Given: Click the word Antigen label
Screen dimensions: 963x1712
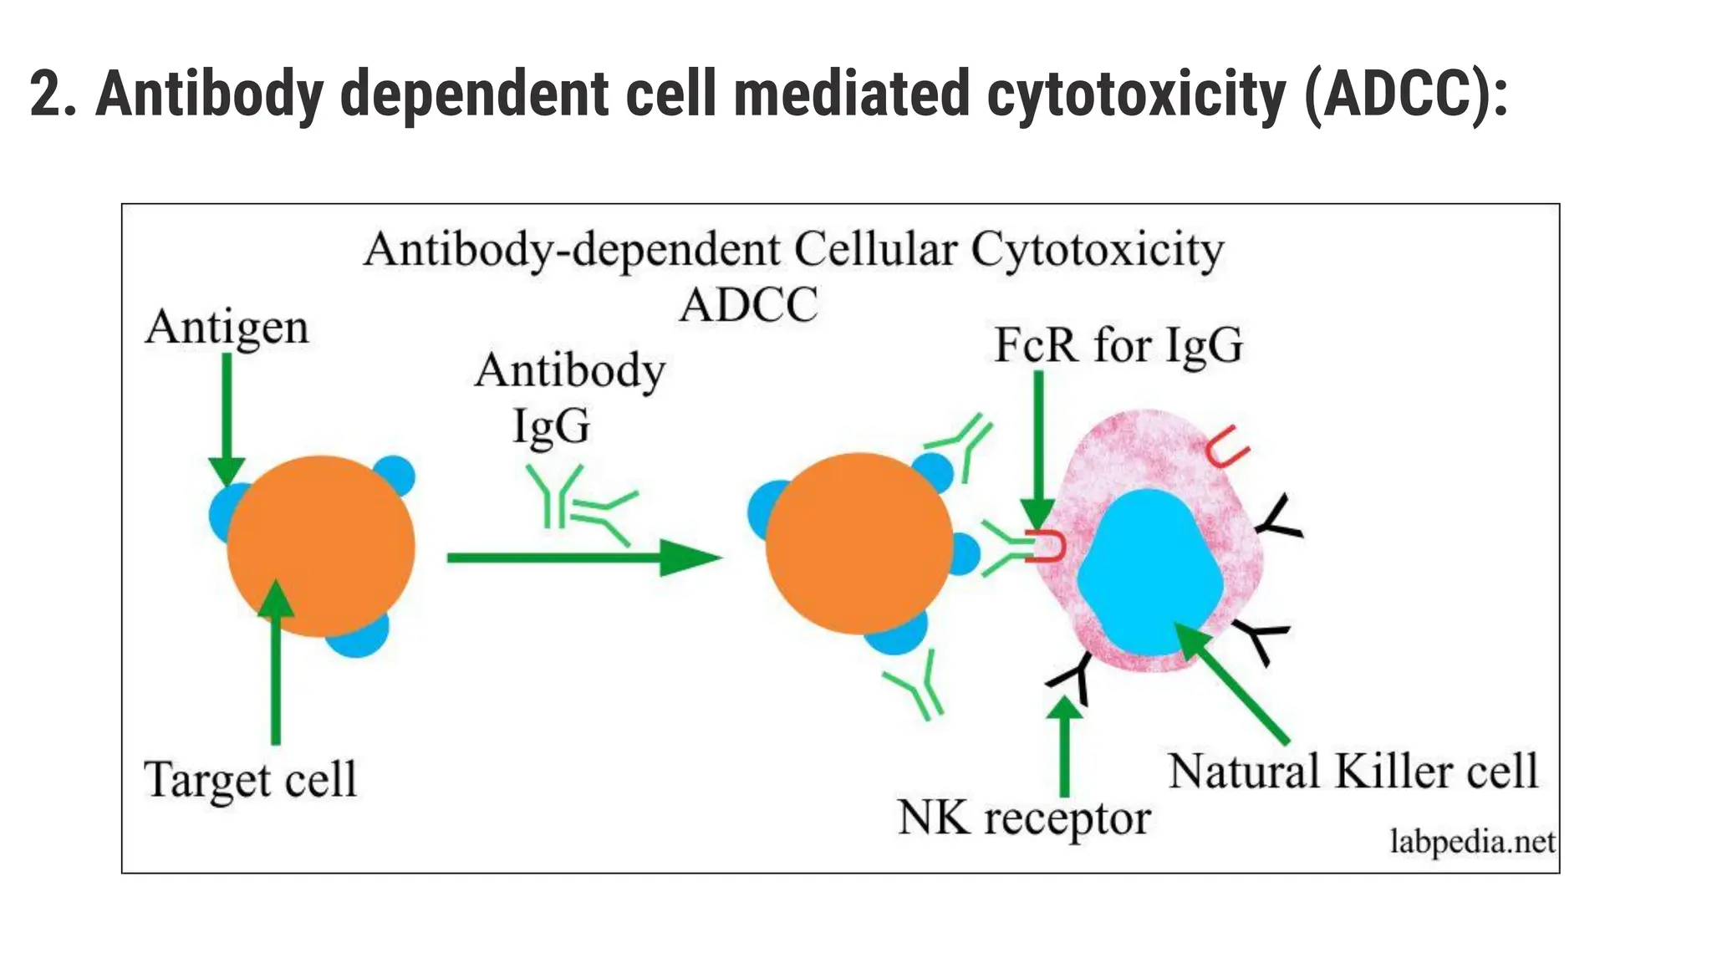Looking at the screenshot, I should pos(227,327).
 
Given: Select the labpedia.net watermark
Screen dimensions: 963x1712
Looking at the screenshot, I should pos(1471,841).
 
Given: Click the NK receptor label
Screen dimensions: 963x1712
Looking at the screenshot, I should pos(1023,817).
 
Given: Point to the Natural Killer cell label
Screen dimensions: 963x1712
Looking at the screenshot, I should pos(1353,770).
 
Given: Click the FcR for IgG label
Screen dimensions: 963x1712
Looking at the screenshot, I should pos(1118,344).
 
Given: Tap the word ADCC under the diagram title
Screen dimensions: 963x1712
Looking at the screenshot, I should pos(748,304).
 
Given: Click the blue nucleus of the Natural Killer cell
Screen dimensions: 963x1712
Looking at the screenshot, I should pos(1149,573).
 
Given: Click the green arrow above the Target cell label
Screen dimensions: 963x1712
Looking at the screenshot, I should pos(275,660).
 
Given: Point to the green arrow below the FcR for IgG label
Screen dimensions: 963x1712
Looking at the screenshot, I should pos(1038,451).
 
